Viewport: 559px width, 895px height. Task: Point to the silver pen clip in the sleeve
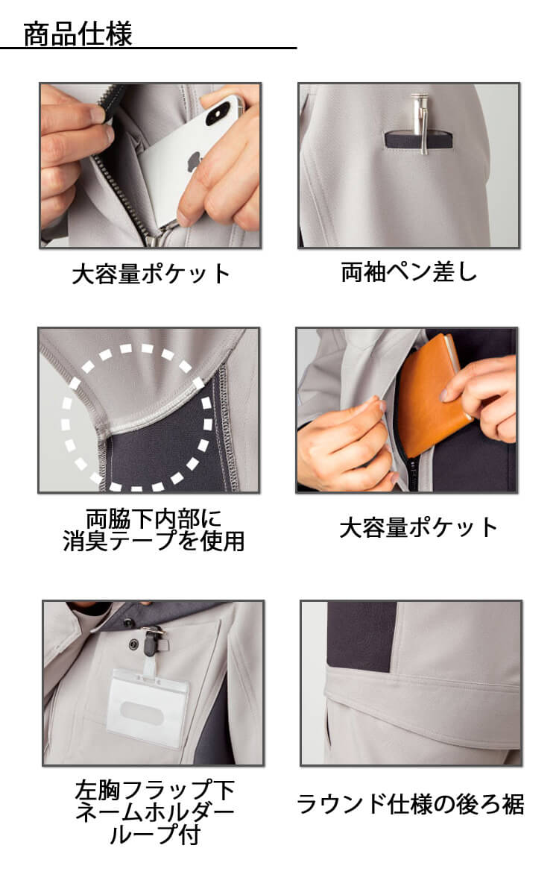pos(417,124)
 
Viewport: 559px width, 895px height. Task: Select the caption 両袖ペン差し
pos(408,272)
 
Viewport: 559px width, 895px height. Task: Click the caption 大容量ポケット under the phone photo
pos(151,274)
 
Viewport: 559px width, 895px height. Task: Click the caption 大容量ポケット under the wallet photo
pos(418,528)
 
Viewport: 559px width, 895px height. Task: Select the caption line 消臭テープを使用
pos(154,541)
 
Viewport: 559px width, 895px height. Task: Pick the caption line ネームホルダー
pos(154,811)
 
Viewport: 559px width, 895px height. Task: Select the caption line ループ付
pos(154,835)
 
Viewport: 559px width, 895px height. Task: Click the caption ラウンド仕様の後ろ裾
pos(411,804)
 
